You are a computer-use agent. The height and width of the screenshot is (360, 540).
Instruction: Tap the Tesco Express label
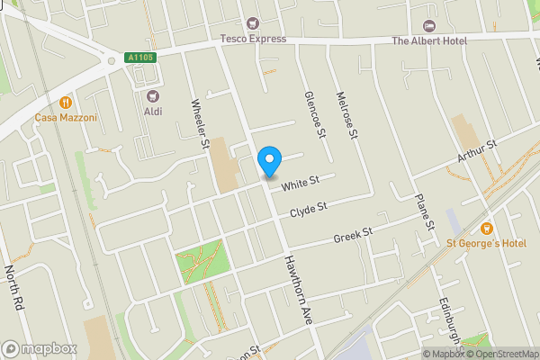coord(253,39)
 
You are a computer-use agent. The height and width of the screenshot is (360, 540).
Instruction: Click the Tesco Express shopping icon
coord(253,22)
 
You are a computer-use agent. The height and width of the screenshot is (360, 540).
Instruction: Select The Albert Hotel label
coord(428,40)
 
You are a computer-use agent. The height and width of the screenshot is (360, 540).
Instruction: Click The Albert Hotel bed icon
coord(428,24)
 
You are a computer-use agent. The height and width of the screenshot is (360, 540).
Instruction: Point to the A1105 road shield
coord(141,58)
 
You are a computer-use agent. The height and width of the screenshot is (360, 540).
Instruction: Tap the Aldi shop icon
coord(152,94)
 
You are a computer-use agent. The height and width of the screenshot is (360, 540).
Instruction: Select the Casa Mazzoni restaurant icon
coord(66,102)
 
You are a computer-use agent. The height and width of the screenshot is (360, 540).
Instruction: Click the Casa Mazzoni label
coord(66,118)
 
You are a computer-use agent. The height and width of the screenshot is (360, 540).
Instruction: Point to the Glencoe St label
coord(316,114)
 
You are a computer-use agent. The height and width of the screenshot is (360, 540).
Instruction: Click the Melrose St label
coord(346,114)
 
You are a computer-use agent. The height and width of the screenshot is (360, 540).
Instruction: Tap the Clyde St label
coord(307,212)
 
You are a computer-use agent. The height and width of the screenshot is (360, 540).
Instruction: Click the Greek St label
coord(352,236)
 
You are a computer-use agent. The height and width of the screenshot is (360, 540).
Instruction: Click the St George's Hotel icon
coord(487,228)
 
